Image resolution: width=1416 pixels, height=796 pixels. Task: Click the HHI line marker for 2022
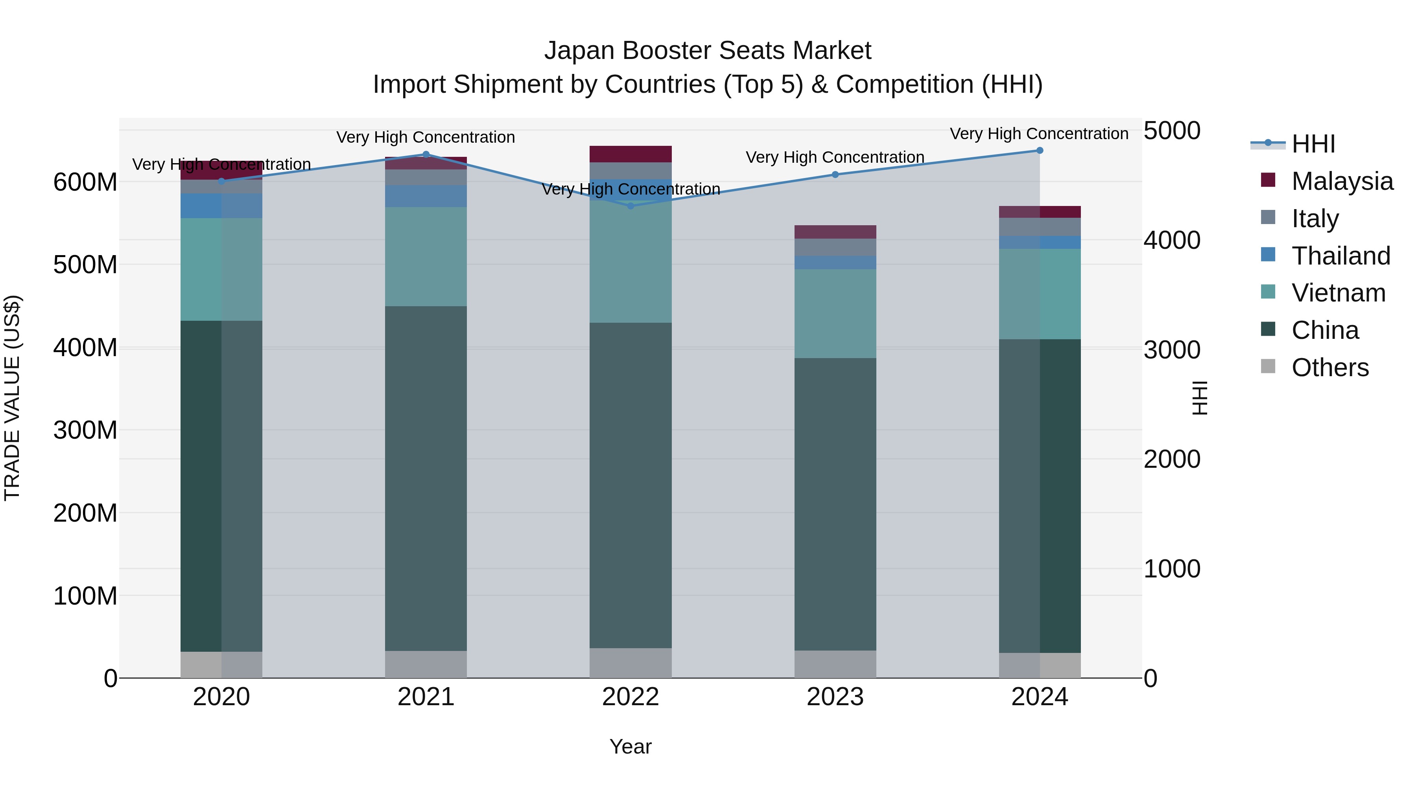[631, 206]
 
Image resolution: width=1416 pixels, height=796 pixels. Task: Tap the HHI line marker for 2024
[1040, 151]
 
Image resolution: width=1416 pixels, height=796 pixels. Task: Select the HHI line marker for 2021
[426, 154]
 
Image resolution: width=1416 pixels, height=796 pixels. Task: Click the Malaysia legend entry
[1342, 181]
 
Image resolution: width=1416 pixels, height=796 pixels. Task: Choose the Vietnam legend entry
[1338, 293]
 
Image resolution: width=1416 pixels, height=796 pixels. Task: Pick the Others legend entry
[1330, 368]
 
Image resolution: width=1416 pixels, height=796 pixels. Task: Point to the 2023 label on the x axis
[835, 697]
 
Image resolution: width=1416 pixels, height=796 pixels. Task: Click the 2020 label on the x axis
[221, 697]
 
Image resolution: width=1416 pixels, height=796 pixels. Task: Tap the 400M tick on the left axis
[85, 348]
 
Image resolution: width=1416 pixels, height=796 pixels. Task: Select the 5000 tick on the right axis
[1172, 131]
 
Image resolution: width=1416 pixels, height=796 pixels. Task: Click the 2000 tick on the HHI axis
[1172, 459]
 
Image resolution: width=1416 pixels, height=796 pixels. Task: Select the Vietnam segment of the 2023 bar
[835, 313]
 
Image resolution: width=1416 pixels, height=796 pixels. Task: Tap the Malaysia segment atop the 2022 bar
[631, 154]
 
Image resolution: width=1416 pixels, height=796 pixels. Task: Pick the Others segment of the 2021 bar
[426, 664]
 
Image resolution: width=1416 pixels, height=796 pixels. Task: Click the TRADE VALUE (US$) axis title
[12, 398]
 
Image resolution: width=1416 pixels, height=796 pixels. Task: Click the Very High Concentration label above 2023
[835, 158]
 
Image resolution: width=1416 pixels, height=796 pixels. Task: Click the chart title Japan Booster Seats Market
[708, 51]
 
